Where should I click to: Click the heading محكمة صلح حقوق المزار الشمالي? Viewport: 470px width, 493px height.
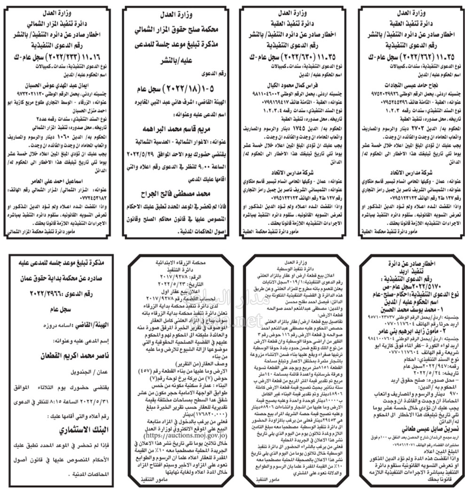(x=176, y=31)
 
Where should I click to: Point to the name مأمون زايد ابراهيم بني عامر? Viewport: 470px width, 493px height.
(x=410, y=325)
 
